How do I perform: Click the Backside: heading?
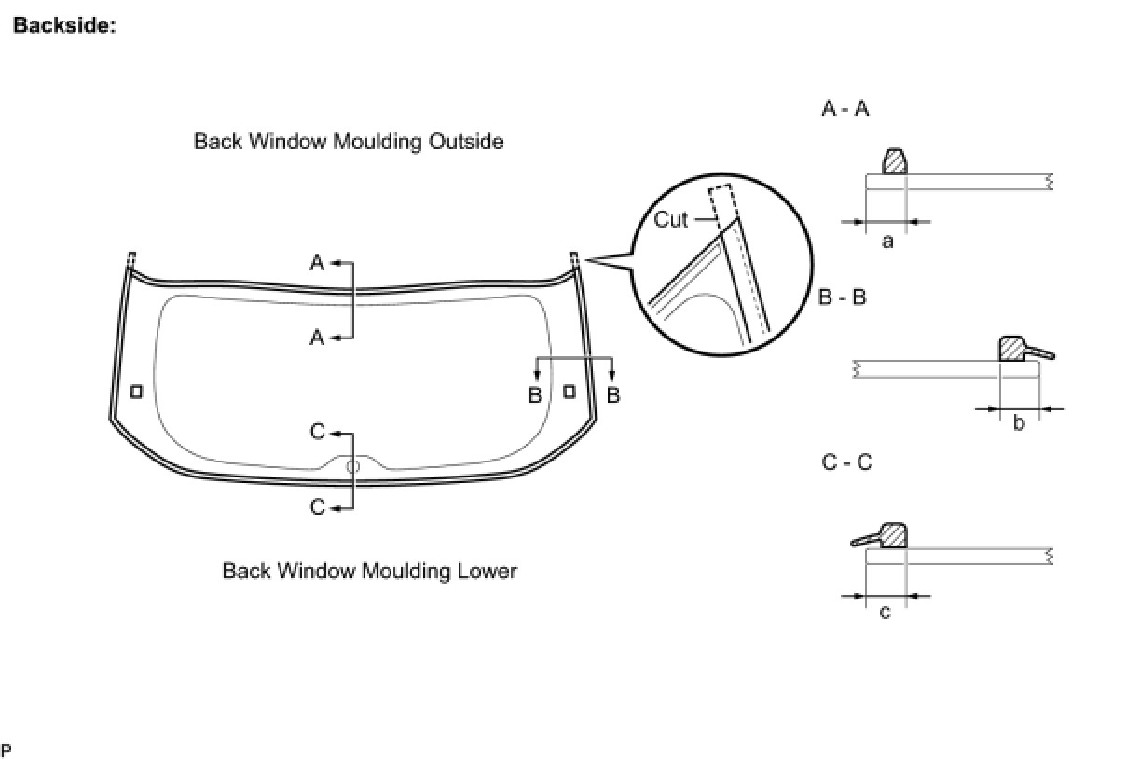(x=64, y=26)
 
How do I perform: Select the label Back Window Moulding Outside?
(x=349, y=142)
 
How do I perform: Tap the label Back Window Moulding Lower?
(x=369, y=571)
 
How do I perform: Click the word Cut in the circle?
(x=671, y=219)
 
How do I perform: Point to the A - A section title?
(x=844, y=108)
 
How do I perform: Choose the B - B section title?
(x=843, y=297)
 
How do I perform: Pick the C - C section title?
(x=847, y=462)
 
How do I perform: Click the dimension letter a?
(x=887, y=241)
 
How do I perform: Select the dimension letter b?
(x=1019, y=423)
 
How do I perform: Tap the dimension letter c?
(x=885, y=613)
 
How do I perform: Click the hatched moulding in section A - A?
(x=894, y=162)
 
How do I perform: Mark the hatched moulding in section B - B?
(x=1011, y=350)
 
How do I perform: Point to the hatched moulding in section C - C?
(x=893, y=536)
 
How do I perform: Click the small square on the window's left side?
(x=136, y=392)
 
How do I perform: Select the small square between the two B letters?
(x=569, y=392)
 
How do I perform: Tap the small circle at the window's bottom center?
(x=352, y=466)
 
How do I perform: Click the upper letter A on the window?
(x=317, y=264)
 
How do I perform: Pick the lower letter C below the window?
(x=318, y=508)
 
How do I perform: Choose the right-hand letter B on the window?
(x=613, y=395)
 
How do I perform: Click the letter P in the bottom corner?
(x=7, y=751)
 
